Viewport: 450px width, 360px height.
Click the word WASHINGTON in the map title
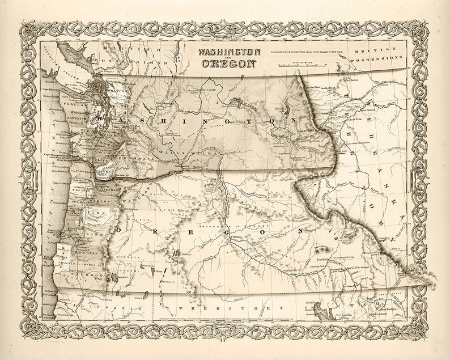coord(228,52)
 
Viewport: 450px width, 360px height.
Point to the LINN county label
coord(94,213)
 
